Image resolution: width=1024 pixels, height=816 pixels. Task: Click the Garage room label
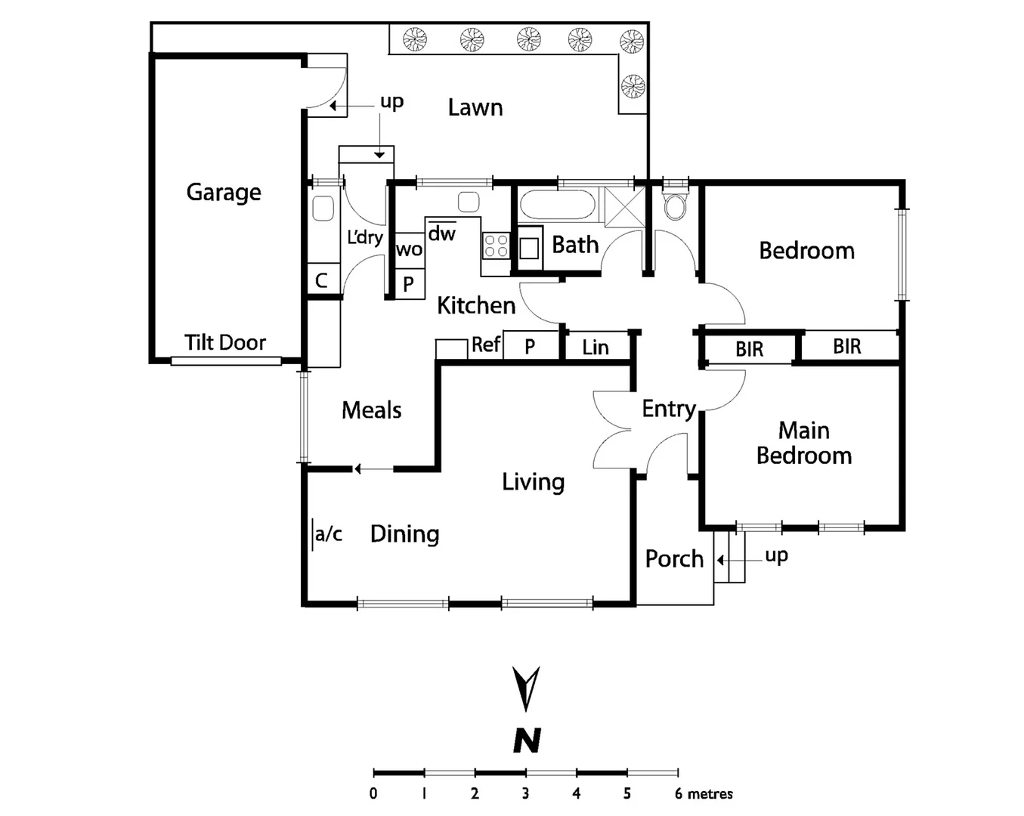pos(224,193)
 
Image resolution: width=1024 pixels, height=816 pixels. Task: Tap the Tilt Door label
pos(225,343)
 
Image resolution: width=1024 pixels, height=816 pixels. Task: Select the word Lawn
pos(475,108)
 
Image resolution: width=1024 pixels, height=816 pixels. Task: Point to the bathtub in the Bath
pos(558,205)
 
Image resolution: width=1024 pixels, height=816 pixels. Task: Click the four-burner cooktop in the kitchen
pos(496,246)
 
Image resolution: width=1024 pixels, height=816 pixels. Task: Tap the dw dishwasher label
pos(442,233)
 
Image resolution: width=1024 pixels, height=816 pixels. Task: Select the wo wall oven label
pos(409,249)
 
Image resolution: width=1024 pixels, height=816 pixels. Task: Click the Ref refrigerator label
pos(486,345)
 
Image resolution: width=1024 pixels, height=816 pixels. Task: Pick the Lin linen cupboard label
pos(596,348)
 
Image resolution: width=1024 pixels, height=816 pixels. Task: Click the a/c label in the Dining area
pos(328,534)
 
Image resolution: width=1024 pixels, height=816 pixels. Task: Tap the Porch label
pos(674,559)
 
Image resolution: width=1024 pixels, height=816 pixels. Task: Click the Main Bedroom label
pos(804,443)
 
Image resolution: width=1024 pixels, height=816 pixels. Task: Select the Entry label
pos(668,409)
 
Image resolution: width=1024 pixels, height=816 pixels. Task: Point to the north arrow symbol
pos(526,688)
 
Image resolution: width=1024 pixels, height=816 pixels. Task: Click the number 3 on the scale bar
pos(525,793)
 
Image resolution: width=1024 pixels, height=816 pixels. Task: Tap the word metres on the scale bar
pos(710,793)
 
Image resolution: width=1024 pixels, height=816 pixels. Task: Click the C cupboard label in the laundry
pos(321,280)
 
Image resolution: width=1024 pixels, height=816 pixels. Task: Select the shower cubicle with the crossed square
pos(624,206)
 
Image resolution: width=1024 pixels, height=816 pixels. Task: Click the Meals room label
pos(371,410)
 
